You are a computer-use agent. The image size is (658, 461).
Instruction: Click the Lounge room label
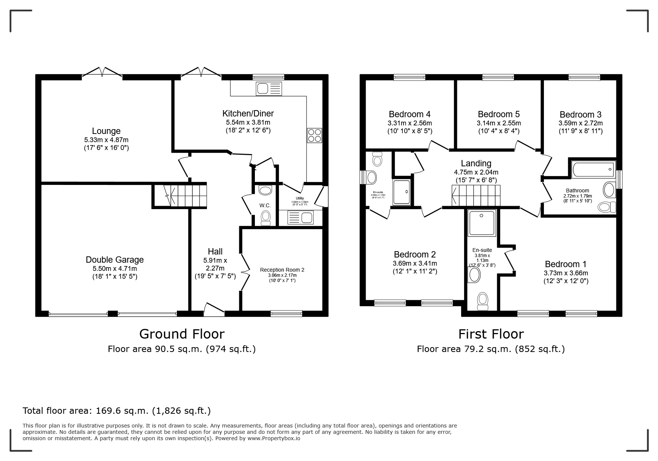106,131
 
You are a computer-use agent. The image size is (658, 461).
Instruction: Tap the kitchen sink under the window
269,89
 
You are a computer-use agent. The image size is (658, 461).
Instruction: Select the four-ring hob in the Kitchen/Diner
314,135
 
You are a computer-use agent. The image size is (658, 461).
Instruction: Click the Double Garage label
114,260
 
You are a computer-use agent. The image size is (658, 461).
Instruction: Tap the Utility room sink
301,218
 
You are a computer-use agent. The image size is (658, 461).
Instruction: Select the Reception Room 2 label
282,270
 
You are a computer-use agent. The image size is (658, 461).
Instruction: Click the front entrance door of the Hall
214,310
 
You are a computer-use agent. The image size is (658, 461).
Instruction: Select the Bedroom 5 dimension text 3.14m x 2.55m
499,123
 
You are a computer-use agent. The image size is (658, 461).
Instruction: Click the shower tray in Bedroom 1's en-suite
482,223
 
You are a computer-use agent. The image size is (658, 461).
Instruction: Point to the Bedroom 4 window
409,77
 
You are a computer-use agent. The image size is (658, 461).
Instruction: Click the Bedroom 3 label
580,114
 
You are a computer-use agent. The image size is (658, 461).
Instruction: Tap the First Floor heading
490,334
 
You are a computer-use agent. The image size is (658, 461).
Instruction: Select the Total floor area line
117,411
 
